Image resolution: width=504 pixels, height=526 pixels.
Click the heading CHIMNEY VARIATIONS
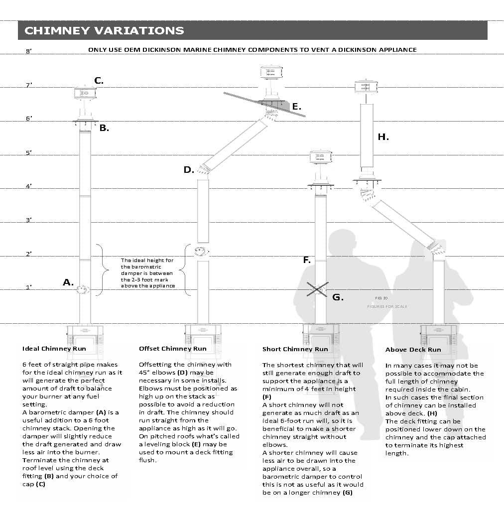point(104,30)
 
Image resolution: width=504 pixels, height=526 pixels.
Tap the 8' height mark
point(29,51)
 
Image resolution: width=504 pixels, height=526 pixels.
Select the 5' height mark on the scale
point(29,153)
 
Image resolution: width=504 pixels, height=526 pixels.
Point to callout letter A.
point(68,282)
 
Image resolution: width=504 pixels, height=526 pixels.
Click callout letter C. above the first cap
point(99,80)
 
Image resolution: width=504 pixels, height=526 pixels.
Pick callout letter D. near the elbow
point(188,170)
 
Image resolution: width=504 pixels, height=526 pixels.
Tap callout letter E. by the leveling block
point(296,106)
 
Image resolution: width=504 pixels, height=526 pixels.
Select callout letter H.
point(383,136)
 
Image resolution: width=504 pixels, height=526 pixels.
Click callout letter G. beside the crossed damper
point(337,297)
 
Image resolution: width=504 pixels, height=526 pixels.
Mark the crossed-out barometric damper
point(317,289)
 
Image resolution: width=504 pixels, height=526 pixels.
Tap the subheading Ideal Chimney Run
point(54,349)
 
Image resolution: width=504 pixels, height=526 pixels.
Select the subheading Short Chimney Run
point(295,349)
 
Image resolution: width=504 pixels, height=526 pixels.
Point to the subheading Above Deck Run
point(413,350)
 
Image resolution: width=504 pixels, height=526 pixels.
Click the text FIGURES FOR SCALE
point(387,306)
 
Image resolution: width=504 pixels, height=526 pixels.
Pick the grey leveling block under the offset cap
point(279,105)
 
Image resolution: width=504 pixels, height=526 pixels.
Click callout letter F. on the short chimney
point(307,260)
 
